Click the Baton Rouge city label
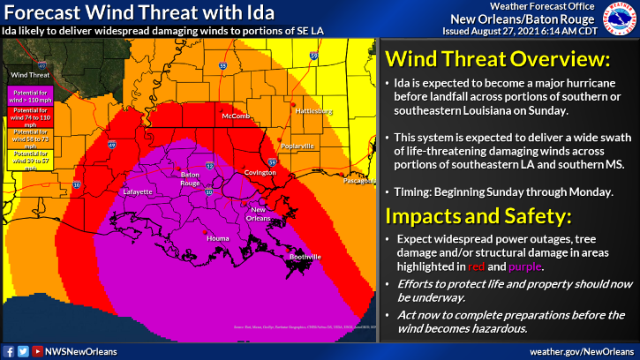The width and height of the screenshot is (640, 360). (189, 177)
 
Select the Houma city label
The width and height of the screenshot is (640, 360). (217, 238)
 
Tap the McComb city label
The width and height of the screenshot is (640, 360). (234, 116)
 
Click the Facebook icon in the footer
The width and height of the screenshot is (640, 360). (8, 350)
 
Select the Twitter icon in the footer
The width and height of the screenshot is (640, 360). (22, 350)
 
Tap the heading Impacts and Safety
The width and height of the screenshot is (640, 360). (471, 215)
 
